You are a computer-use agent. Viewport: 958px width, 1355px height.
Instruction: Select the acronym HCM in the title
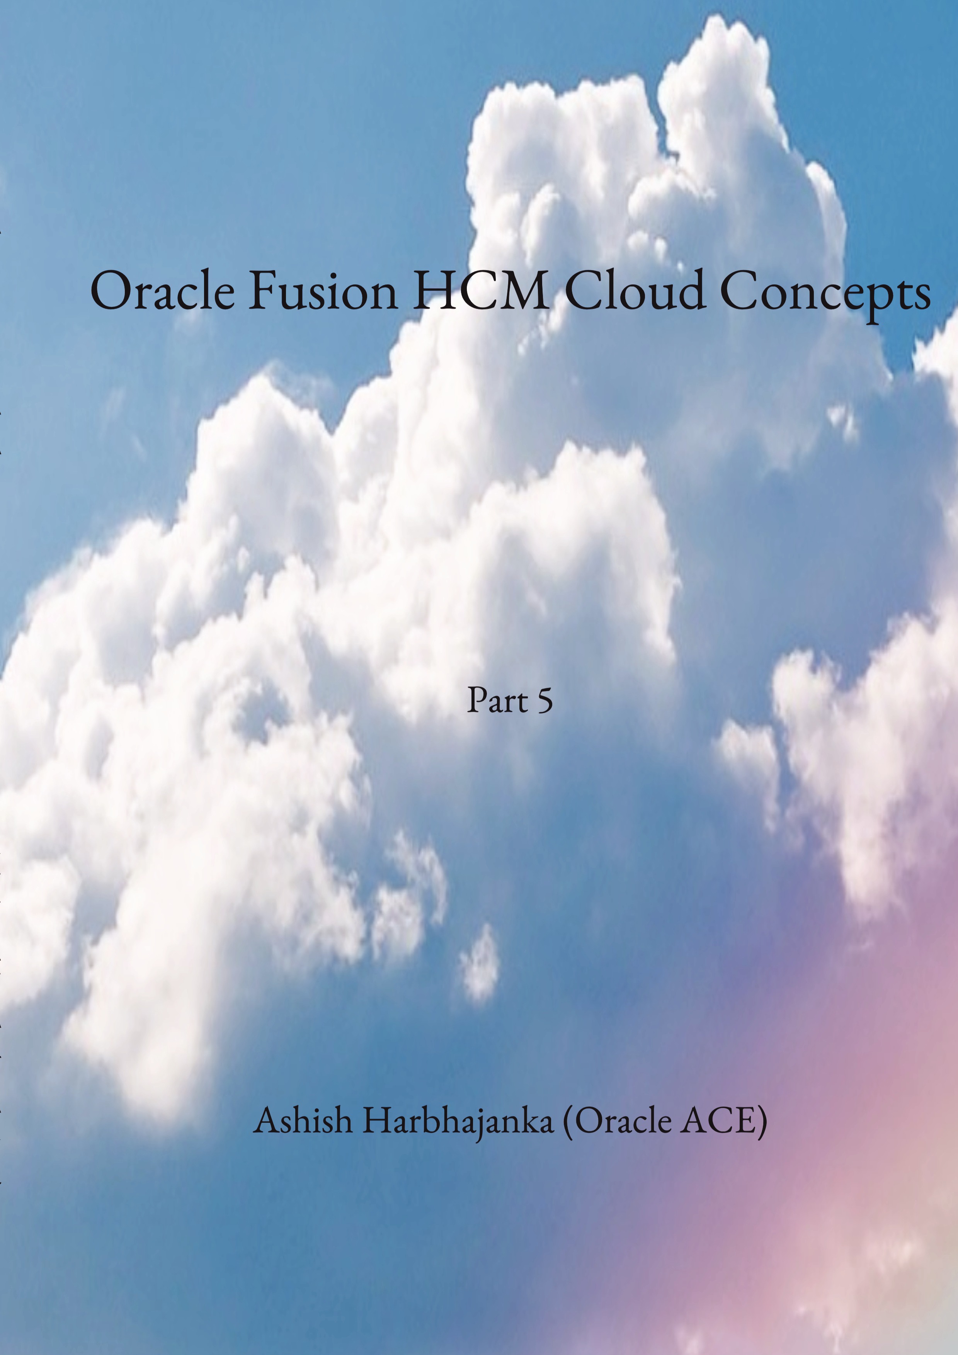point(480,291)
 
